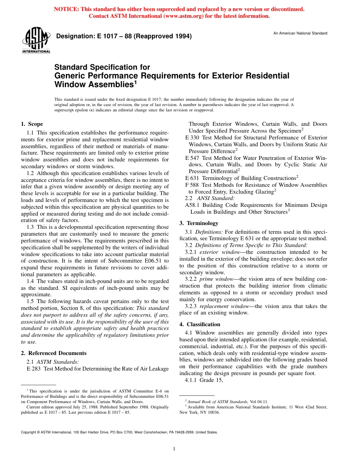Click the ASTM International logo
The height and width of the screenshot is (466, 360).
(x=36, y=41)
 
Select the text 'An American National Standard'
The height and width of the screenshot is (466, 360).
(x=300, y=33)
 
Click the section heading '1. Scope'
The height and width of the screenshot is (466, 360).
(x=32, y=124)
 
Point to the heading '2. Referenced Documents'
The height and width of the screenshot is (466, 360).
(x=53, y=353)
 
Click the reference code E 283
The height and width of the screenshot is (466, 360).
(x=34, y=369)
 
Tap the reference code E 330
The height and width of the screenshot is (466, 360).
(x=193, y=138)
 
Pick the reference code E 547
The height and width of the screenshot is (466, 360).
(x=193, y=158)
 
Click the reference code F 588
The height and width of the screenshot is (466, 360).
(x=193, y=185)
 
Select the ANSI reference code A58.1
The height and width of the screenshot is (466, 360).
(x=193, y=205)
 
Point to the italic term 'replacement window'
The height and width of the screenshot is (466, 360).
(x=221, y=306)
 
